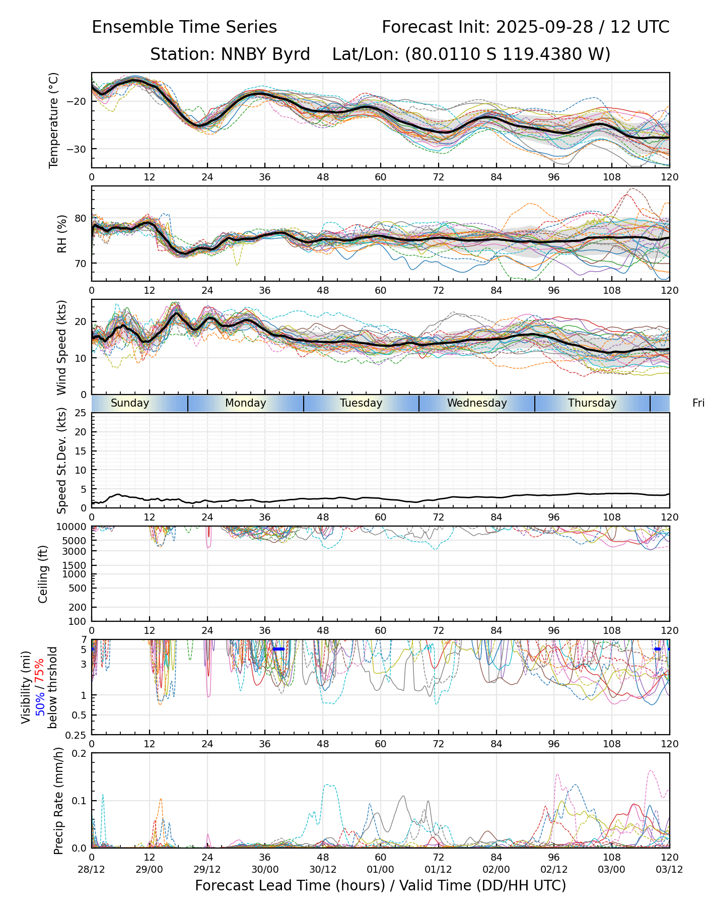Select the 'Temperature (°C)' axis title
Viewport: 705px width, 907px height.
coord(54,120)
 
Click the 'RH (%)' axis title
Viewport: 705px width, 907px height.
coord(62,234)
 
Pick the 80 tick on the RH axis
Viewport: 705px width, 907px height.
coord(81,219)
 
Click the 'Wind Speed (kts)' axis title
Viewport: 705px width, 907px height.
coord(62,347)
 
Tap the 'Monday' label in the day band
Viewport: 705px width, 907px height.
coord(245,403)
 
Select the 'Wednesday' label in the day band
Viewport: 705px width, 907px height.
coord(476,403)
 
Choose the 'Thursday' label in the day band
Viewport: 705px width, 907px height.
coord(592,403)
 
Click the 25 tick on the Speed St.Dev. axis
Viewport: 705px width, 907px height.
coord(81,413)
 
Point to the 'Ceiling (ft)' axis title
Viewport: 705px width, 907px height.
coord(43,574)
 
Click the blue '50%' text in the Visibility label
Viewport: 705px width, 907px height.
coord(40,701)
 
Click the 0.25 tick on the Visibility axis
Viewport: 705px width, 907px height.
coord(77,735)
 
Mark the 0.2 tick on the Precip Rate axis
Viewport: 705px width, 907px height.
coord(80,753)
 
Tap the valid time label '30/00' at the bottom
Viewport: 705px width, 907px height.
coord(265,869)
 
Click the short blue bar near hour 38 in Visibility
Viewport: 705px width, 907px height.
coord(278,649)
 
